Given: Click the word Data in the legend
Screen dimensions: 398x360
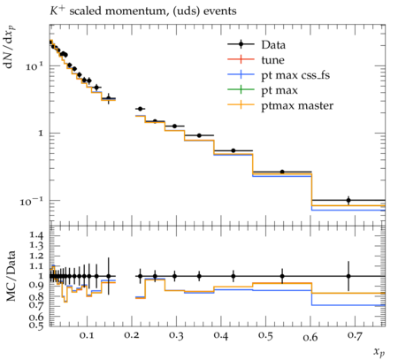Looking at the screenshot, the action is (273, 45).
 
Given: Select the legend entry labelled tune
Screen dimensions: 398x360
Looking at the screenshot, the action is (272, 60).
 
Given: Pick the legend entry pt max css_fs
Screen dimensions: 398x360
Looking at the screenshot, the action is (295, 75).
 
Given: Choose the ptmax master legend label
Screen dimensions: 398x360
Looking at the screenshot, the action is (297, 105).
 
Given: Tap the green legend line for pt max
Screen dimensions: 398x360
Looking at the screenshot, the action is (241, 89).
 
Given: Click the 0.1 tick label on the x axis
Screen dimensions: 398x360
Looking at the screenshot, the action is (87, 335).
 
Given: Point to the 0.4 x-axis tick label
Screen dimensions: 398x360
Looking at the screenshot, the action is (221, 335).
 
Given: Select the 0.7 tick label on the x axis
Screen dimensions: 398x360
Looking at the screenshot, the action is (355, 335).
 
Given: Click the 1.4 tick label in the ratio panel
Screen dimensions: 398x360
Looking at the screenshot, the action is (36, 235).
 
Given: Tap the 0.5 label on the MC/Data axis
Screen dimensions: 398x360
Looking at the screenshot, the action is (36, 325).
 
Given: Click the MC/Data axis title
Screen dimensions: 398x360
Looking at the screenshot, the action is (11, 276).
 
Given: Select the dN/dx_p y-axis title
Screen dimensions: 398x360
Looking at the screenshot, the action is (11, 47).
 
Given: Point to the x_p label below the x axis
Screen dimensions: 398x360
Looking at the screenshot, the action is (379, 351).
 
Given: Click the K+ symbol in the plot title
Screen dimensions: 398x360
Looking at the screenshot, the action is (57, 11).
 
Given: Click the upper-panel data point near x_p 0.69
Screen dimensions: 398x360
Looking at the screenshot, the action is (348, 200).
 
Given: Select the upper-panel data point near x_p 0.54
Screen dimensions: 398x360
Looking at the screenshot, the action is (282, 172).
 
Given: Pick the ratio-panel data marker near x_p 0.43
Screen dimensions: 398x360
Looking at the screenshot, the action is (233, 276).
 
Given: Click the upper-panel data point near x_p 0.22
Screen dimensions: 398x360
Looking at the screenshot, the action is (141, 109).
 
